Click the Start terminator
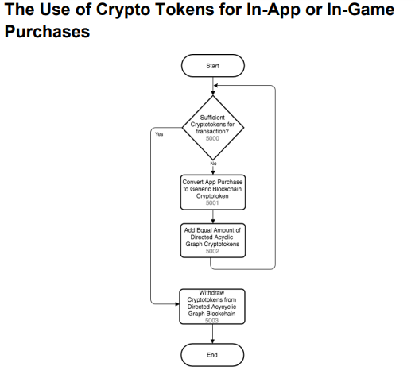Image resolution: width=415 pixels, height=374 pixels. [213, 66]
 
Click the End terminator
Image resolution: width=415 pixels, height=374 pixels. [212, 355]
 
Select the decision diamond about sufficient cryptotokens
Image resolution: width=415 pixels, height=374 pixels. [213, 128]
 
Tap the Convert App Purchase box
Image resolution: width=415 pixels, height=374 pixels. [213, 192]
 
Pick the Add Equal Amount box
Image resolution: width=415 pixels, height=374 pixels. [213, 241]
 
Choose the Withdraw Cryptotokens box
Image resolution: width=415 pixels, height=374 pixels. [212, 307]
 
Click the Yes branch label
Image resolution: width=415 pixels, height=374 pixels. [159, 134]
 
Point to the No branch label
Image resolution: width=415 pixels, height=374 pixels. [213, 164]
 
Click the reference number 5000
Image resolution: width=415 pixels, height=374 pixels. [212, 138]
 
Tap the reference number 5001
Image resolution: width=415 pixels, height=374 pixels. [212, 202]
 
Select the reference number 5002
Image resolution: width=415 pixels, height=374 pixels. [212, 251]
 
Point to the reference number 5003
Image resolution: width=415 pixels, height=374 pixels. [211, 321]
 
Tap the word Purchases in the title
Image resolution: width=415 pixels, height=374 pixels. [47, 31]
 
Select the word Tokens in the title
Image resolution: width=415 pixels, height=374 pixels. [184, 10]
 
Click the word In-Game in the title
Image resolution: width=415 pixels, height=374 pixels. [360, 10]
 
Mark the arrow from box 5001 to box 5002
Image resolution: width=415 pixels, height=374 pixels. [213, 217]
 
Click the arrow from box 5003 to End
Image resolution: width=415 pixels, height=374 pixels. [212, 334]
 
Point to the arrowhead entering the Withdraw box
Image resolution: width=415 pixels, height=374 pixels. [177, 304]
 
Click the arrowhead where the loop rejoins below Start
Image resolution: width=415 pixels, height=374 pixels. [215, 86]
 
